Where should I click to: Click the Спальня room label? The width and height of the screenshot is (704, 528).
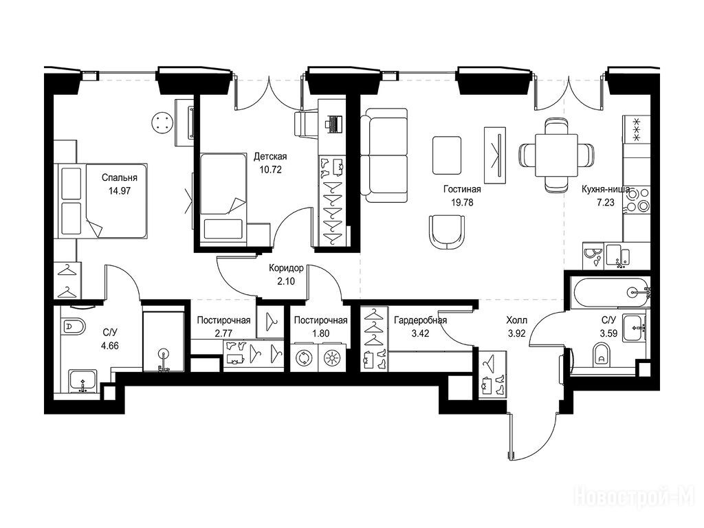tap(120, 178)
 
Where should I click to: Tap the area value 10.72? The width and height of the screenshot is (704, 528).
tap(270, 170)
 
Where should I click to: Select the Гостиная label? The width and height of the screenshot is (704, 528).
tap(462, 190)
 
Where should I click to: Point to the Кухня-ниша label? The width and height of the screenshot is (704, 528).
tap(605, 189)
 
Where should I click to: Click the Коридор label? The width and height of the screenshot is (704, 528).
tap(287, 268)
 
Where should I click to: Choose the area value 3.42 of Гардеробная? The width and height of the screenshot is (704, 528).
tap(420, 333)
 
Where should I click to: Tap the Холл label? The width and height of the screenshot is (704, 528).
tap(517, 320)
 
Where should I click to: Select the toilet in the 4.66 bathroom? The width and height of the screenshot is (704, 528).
tap(73, 326)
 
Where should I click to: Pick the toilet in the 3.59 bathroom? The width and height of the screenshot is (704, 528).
tap(601, 354)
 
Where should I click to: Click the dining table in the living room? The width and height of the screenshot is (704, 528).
tap(556, 155)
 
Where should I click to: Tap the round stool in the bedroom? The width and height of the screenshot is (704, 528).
tap(162, 122)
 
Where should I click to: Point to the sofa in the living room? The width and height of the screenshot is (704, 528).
tap(384, 155)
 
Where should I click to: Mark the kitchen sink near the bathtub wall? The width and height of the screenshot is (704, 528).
tap(618, 256)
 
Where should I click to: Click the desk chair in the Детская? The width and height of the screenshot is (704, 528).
tap(306, 124)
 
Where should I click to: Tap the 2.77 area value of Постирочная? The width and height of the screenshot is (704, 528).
tap(223, 333)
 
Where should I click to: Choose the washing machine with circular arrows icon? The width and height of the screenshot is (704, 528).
tap(304, 357)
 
